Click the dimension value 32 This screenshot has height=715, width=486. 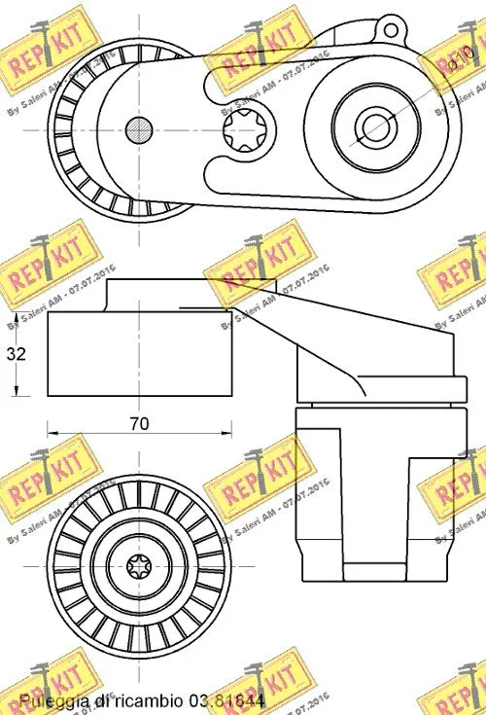[16, 354]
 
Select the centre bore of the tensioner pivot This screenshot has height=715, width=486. [373, 125]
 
